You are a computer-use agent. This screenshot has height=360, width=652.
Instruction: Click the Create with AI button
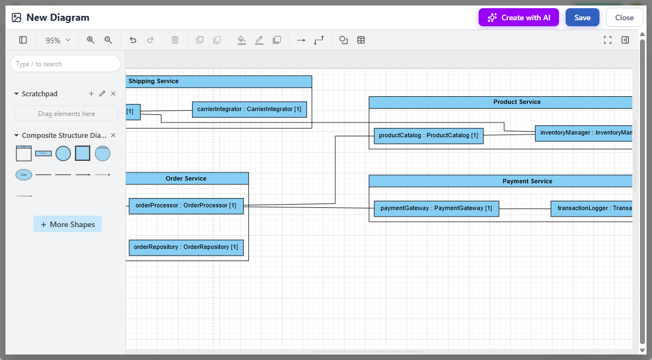[x=519, y=18]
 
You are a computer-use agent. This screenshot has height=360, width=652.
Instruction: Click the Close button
[x=624, y=18]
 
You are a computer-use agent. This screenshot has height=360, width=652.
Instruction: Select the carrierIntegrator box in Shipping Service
[x=249, y=109]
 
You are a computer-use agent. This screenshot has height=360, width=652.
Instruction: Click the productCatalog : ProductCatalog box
[x=428, y=136]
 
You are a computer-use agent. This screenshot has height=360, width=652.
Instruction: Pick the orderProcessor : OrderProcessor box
[x=186, y=206]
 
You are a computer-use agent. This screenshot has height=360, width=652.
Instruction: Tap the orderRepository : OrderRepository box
[x=186, y=247]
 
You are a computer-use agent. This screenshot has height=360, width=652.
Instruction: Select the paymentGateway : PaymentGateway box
[x=436, y=208]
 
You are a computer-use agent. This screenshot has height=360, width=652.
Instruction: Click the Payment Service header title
[x=527, y=181]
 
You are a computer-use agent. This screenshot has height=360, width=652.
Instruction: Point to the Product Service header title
[x=516, y=102]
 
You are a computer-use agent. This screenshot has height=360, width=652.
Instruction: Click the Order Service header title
[x=186, y=178]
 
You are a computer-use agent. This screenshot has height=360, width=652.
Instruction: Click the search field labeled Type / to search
[x=65, y=64]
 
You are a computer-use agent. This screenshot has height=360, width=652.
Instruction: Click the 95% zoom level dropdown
[x=58, y=40]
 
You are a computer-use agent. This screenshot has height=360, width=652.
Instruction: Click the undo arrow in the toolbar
[x=133, y=40]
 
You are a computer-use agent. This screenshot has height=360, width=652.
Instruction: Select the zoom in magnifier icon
[x=91, y=40]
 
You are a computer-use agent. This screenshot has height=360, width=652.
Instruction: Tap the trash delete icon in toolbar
[x=175, y=40]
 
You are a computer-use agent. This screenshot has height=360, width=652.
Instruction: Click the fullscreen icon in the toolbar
[x=607, y=40]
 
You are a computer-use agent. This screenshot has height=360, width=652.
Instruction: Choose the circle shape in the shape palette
[x=63, y=154]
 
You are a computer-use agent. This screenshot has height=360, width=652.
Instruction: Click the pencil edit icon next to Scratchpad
[x=102, y=94]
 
